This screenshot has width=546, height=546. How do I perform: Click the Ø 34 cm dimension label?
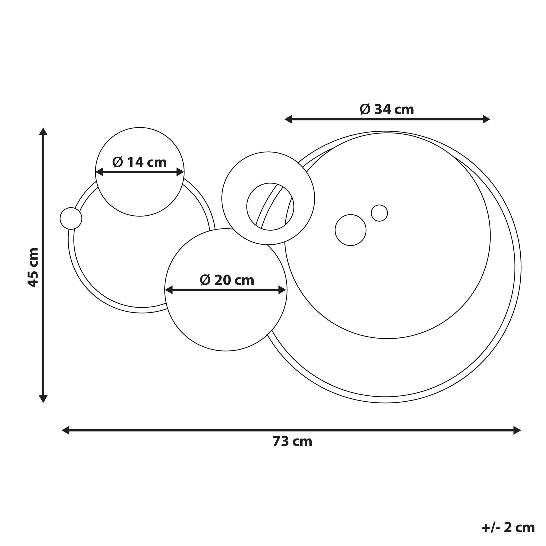387,109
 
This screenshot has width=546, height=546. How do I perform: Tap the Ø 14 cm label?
139,162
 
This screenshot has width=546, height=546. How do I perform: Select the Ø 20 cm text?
227,280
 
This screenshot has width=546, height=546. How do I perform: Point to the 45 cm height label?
33,267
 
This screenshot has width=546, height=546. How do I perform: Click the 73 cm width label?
292,441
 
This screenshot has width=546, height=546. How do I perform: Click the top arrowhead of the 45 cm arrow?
43,131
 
